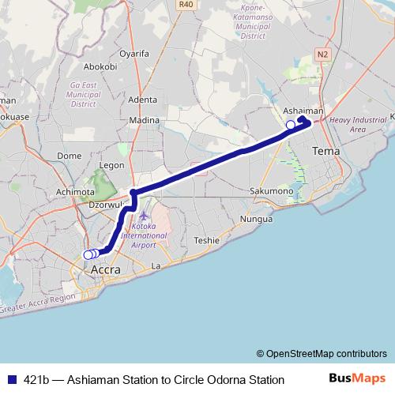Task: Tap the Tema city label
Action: [325, 150]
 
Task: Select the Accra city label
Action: [106, 269]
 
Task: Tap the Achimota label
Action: [75, 192]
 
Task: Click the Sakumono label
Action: [270, 191]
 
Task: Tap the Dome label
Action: [70, 156]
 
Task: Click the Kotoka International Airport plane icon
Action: [143, 216]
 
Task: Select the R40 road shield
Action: [186, 5]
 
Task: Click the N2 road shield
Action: [322, 54]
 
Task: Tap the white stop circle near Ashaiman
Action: [291, 125]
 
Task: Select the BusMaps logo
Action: [356, 379]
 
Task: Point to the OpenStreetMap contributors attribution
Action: [322, 353]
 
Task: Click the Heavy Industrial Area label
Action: [358, 124]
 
